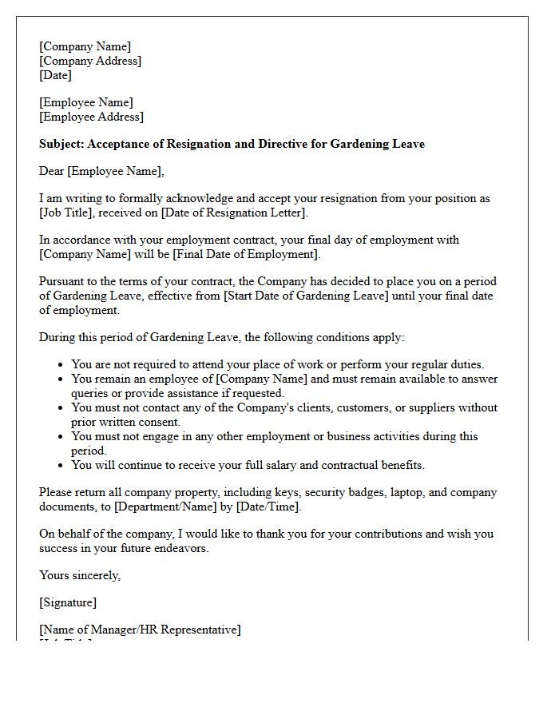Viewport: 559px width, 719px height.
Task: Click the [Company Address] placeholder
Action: pos(90,61)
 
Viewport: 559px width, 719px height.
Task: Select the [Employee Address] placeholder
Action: pos(91,117)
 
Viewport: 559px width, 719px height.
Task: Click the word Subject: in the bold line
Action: pos(61,144)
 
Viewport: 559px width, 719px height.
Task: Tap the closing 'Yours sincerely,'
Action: pos(80,575)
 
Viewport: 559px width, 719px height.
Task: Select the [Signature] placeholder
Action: pos(67,602)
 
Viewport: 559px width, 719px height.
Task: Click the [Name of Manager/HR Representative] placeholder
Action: pos(140,630)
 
